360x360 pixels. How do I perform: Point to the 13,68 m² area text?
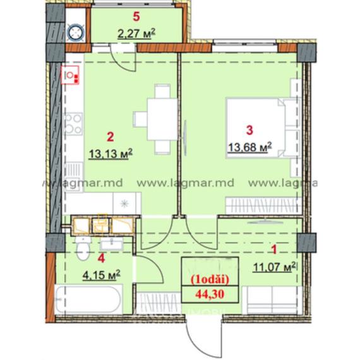[249, 147]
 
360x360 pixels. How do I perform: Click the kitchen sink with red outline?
[72, 76]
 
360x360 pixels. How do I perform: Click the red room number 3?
[249, 131]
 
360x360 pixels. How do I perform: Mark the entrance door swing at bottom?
[203, 329]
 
